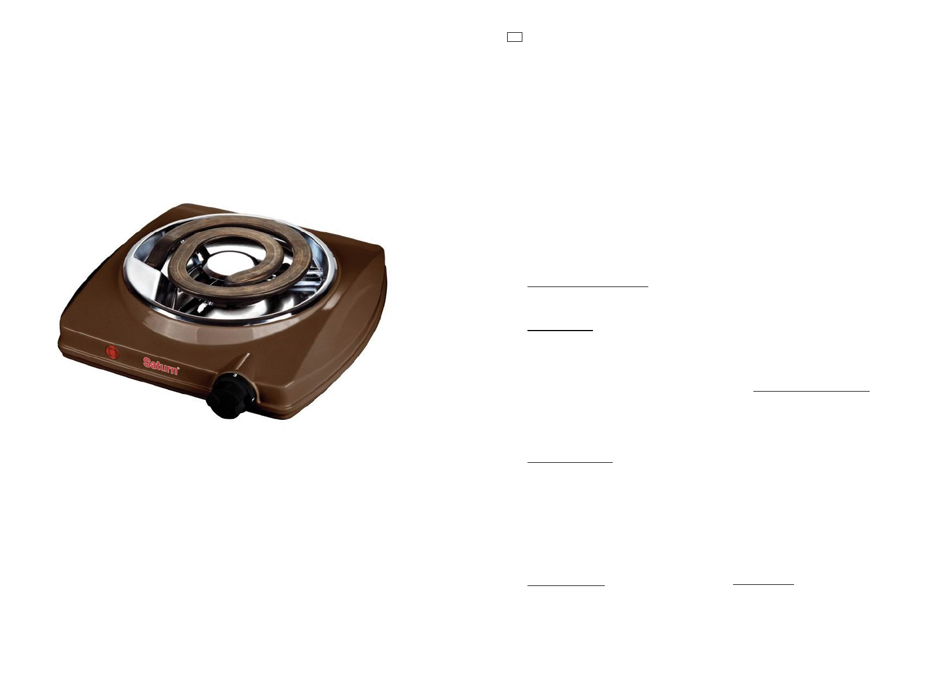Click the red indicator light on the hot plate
coord(112,352)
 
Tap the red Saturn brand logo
coord(162,366)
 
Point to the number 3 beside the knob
coord(235,375)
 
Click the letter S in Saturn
coord(147,362)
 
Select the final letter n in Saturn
coord(173,371)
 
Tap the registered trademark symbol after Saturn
coord(178,368)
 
